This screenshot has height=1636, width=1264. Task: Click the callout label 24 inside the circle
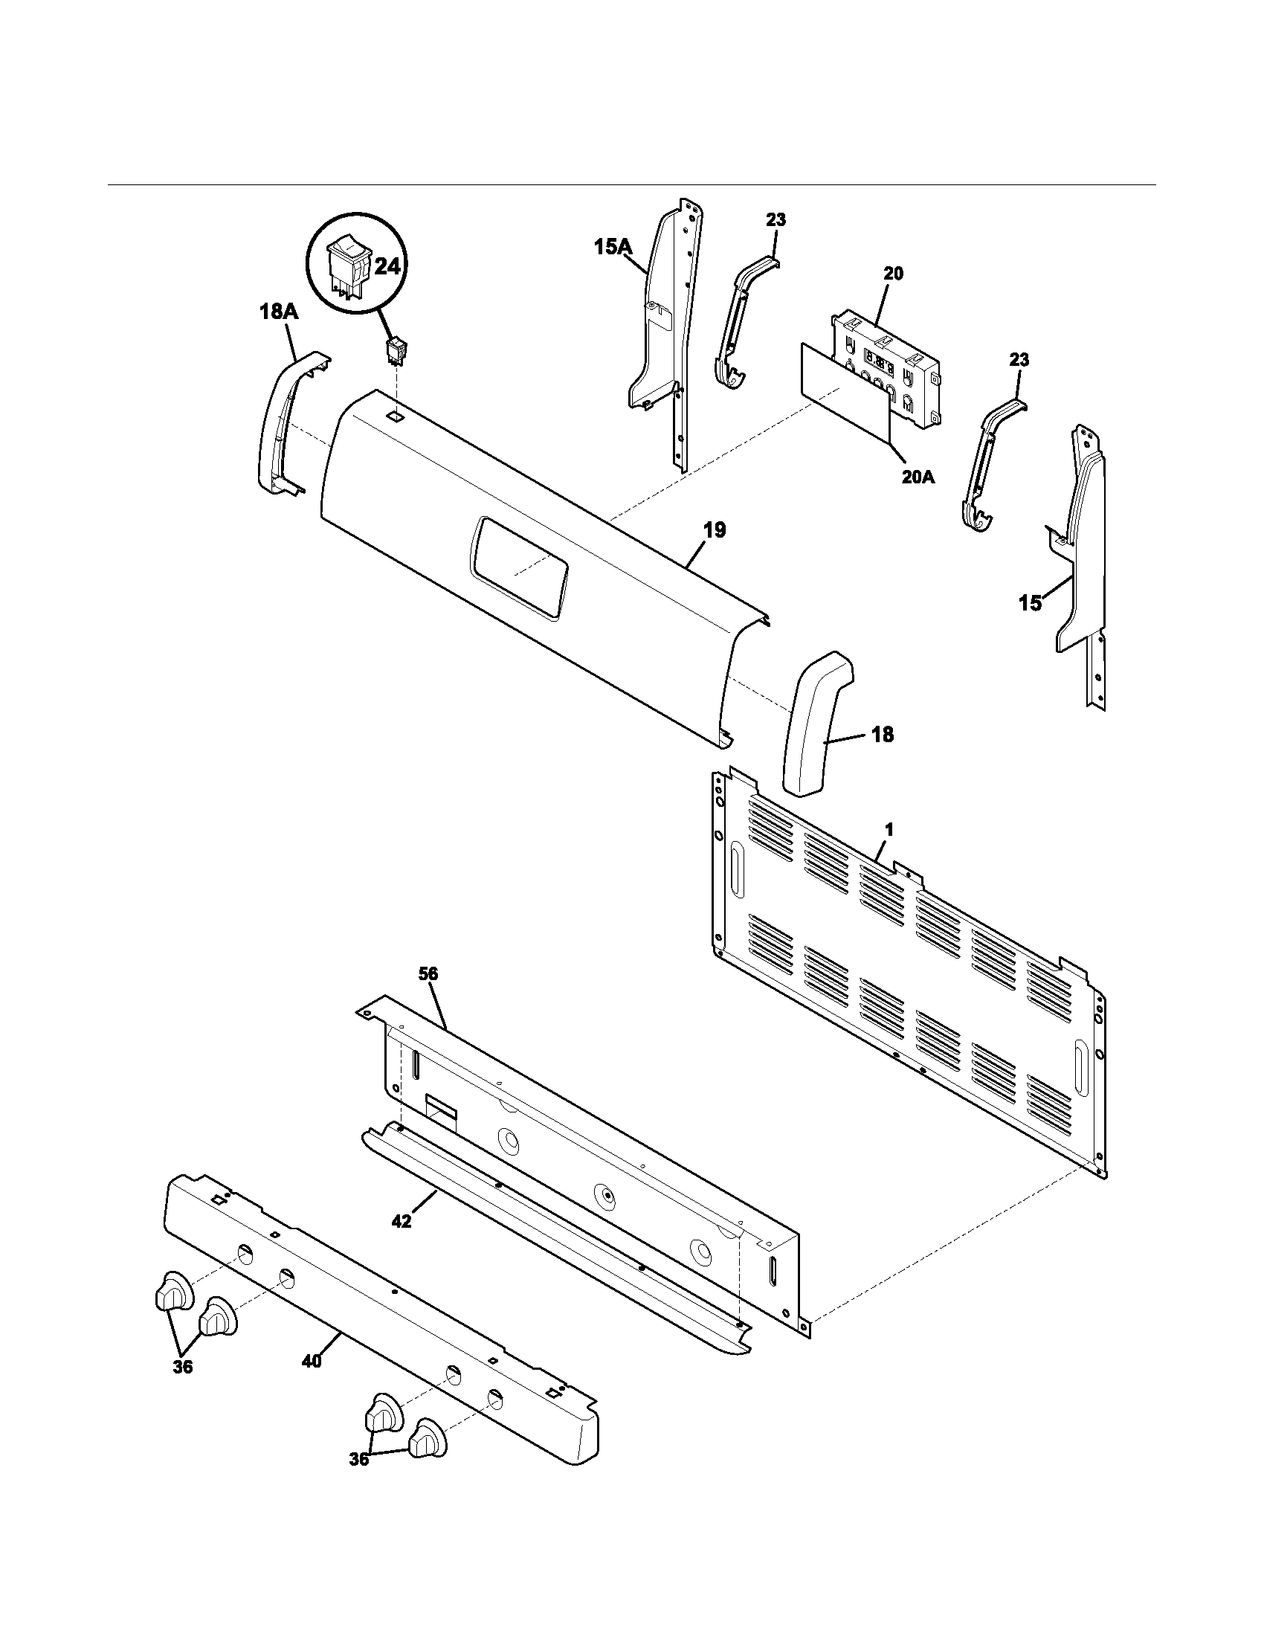pos(387,267)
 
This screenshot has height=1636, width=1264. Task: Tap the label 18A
pos(279,312)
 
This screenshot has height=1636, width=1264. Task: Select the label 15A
pos(614,246)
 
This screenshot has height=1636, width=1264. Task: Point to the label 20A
pos(918,477)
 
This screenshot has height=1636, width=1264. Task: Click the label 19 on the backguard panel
pos(715,530)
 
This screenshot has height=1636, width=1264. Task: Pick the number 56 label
pos(428,975)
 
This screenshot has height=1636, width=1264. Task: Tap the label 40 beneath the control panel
pos(311,1361)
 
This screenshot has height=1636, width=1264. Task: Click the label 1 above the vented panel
pos(889,830)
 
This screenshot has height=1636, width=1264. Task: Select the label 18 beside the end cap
pos(883,735)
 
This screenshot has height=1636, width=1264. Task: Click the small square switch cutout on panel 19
pos(394,413)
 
